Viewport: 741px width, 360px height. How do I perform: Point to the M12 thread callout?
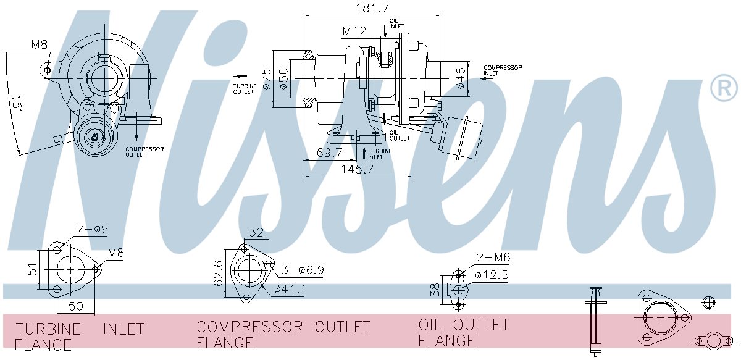click(x=355, y=31)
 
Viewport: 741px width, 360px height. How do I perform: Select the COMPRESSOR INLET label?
click(x=502, y=70)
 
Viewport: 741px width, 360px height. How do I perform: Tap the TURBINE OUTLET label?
click(x=243, y=88)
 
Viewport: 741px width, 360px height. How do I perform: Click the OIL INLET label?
click(x=395, y=23)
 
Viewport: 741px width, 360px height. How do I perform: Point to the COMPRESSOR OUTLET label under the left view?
click(x=144, y=152)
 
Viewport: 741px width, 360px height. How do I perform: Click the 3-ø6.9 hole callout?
click(x=303, y=270)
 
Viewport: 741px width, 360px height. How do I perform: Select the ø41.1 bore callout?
click(x=290, y=288)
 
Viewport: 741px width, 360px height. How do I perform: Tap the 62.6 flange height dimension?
click(x=219, y=272)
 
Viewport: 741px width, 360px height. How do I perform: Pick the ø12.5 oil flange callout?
click(x=492, y=275)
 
